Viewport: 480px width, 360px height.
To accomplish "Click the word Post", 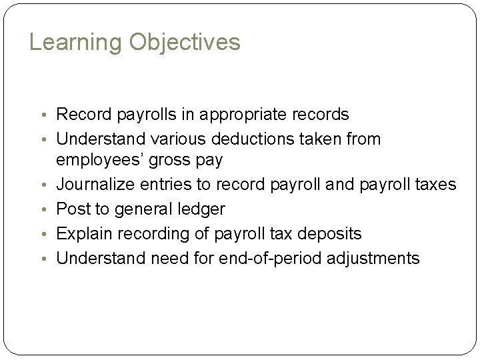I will pos(72,209).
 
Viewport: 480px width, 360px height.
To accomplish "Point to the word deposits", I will pos(329,233).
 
